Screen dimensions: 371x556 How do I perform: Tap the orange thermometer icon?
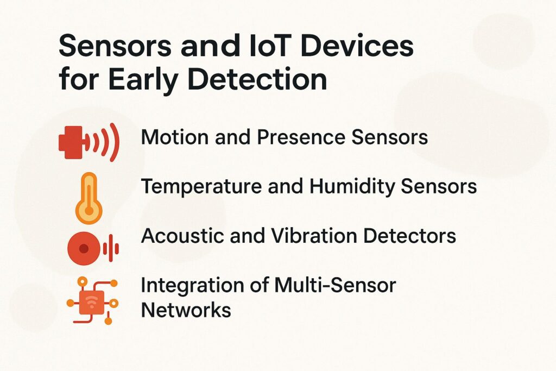tap(88, 198)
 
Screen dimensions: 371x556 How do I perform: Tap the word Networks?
tap(186, 310)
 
